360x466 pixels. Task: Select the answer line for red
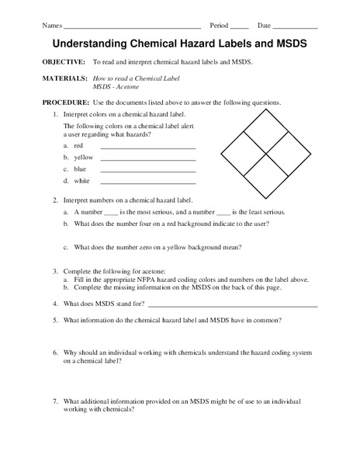coord(147,147)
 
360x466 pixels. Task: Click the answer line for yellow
coord(147,158)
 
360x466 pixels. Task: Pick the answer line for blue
coord(147,170)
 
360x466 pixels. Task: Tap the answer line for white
coord(147,182)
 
